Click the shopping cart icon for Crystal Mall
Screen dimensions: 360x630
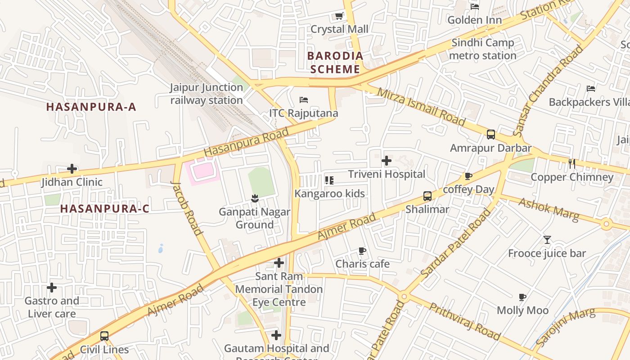(x=339, y=17)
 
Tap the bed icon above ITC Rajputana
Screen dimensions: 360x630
(x=304, y=99)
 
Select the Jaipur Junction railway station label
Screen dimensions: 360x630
(x=207, y=94)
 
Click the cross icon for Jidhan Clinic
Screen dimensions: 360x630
(x=72, y=169)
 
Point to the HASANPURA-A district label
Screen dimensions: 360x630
(x=91, y=107)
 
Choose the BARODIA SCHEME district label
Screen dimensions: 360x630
(x=335, y=63)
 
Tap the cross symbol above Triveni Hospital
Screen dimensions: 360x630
(x=387, y=161)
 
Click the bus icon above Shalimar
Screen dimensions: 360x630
(x=427, y=196)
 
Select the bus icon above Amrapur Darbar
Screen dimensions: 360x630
(x=491, y=135)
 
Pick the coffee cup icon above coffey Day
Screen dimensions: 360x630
(x=468, y=176)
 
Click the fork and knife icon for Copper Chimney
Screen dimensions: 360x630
(x=572, y=164)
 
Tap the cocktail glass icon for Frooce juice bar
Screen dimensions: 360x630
(x=547, y=240)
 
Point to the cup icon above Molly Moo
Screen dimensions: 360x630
(x=522, y=297)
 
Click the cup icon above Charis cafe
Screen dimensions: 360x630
(x=362, y=251)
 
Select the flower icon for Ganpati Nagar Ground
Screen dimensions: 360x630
(x=255, y=198)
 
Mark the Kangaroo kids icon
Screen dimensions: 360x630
(x=329, y=180)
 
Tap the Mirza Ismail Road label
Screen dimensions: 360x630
(x=421, y=107)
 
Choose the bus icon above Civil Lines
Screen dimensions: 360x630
(x=104, y=336)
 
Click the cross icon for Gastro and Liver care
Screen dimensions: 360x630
(x=52, y=288)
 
